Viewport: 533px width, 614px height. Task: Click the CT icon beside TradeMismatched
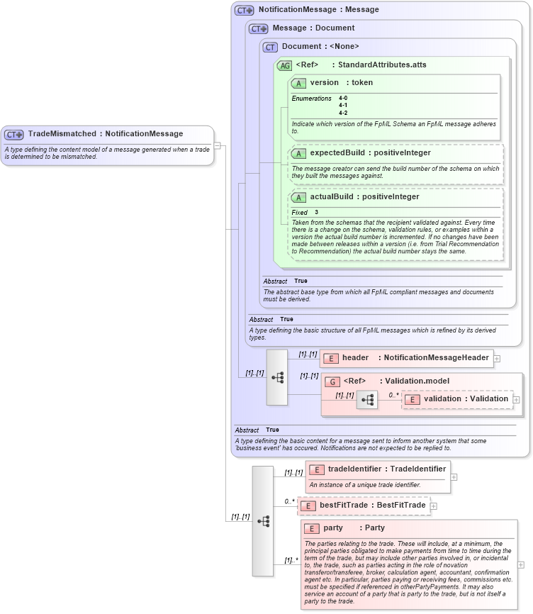[x=14, y=134]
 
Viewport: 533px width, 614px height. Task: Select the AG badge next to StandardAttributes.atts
[x=284, y=65]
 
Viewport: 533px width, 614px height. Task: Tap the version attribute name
[x=324, y=83]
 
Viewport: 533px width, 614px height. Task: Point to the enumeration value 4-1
[x=343, y=106]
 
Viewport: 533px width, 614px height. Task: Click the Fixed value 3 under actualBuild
[x=316, y=213]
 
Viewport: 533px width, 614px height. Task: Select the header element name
[x=355, y=358]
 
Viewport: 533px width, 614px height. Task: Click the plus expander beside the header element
[x=497, y=359]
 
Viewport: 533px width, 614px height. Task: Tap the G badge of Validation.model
[x=332, y=381]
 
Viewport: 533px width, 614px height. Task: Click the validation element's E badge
[x=412, y=399]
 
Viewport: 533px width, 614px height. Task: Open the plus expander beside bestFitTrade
[x=434, y=506]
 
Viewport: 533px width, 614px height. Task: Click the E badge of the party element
[x=312, y=528]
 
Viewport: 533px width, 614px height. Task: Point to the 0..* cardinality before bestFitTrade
[x=289, y=501]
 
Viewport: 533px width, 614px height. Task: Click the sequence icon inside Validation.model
[x=367, y=400]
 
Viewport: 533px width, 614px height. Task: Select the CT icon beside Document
[x=270, y=47]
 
